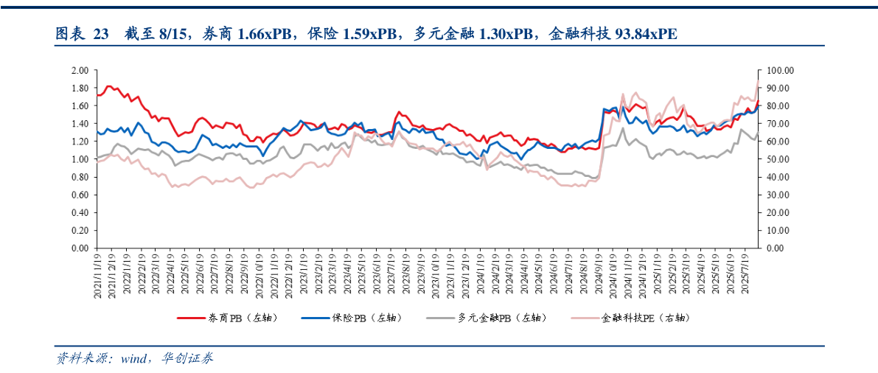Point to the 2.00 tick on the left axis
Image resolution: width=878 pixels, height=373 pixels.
pyautogui.click(x=80, y=70)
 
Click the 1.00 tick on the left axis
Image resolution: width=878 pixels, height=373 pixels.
pyautogui.click(x=80, y=159)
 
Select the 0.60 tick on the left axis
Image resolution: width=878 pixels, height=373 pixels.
pyautogui.click(x=80, y=195)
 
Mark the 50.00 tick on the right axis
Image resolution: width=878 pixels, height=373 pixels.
pyautogui.click(x=778, y=159)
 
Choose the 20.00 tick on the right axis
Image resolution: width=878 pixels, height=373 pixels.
pyautogui.click(x=778, y=212)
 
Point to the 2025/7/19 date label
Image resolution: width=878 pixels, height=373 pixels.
pyautogui.click(x=745, y=276)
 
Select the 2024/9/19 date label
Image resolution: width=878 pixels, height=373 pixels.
pyautogui.click(x=598, y=276)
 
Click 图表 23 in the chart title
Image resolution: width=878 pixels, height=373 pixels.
pyautogui.click(x=82, y=33)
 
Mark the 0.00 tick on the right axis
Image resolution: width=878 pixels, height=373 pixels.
pyautogui.click(x=776, y=248)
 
